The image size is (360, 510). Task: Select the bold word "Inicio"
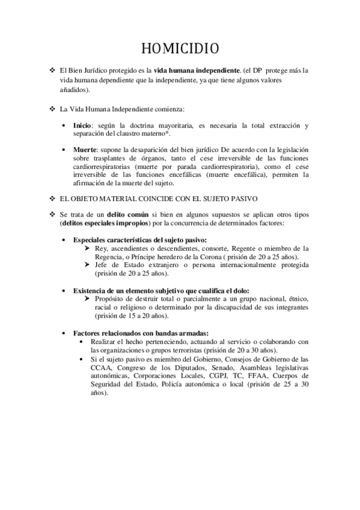(83, 124)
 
